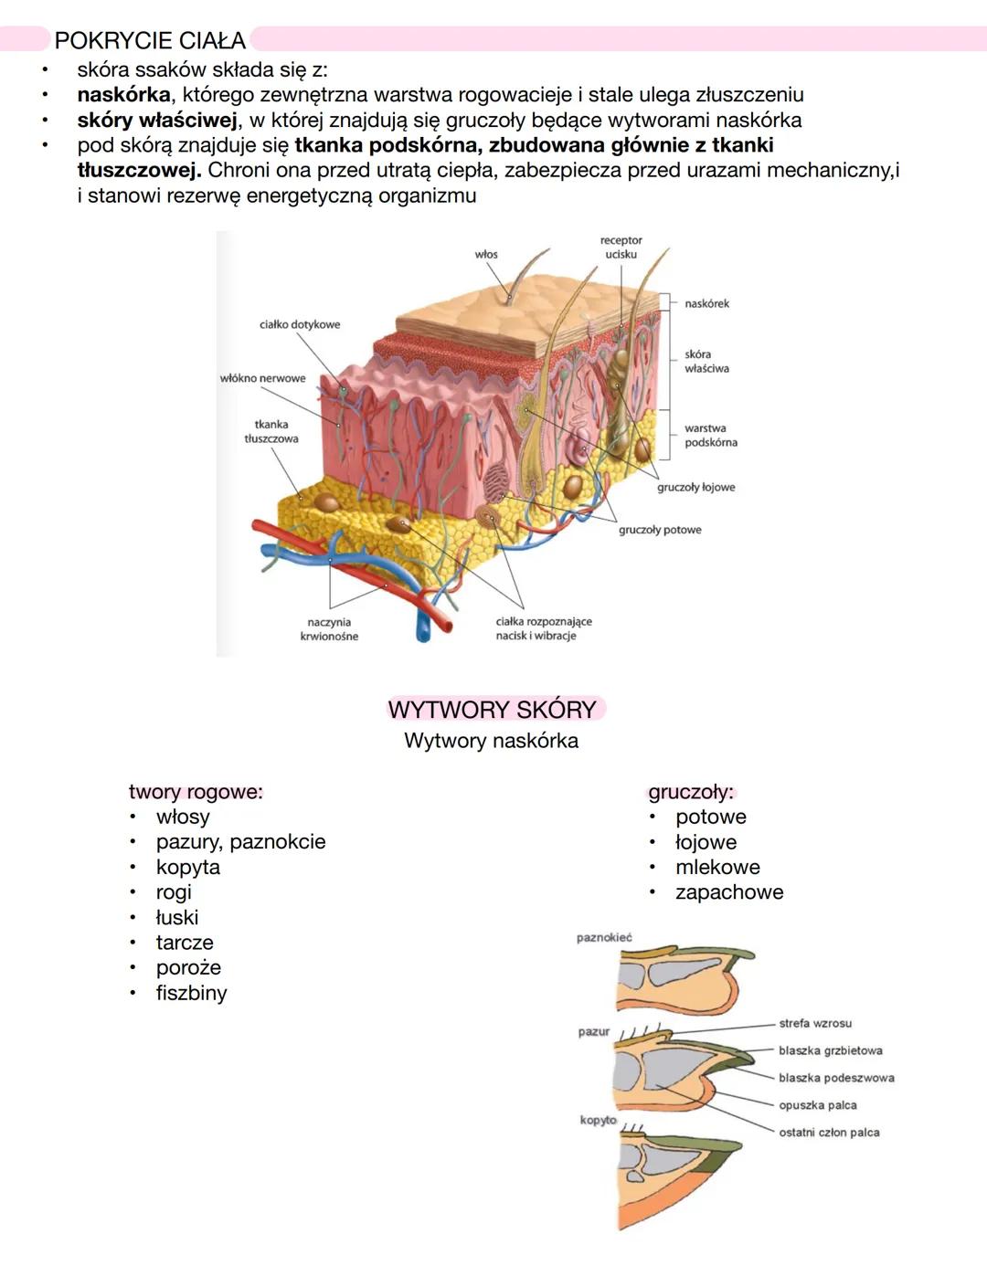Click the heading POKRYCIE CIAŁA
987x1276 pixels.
click(x=150, y=40)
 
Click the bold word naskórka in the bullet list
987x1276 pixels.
click(x=123, y=95)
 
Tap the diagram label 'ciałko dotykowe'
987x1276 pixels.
click(x=300, y=324)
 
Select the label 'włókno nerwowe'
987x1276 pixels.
click(x=263, y=378)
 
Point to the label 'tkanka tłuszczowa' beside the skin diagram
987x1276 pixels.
click(x=271, y=431)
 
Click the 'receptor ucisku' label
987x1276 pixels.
click(x=621, y=247)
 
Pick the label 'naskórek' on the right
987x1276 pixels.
click(x=707, y=303)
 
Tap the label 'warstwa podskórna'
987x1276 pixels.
click(x=710, y=435)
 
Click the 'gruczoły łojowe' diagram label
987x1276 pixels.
click(x=695, y=487)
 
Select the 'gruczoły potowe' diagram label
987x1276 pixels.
click(x=660, y=530)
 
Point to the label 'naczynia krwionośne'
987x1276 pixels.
click(x=329, y=628)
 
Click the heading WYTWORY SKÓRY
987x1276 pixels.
click(x=492, y=710)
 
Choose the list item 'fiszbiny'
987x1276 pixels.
click(x=191, y=993)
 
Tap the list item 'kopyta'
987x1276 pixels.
click(x=187, y=867)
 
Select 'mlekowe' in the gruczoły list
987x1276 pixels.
click(x=717, y=867)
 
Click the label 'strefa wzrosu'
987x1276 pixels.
click(x=815, y=1023)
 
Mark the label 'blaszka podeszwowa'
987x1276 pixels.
click(x=836, y=1078)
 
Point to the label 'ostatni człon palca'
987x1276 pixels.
click(x=829, y=1133)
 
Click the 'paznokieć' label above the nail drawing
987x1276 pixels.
click(x=604, y=937)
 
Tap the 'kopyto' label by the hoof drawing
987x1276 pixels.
click(x=598, y=1120)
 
